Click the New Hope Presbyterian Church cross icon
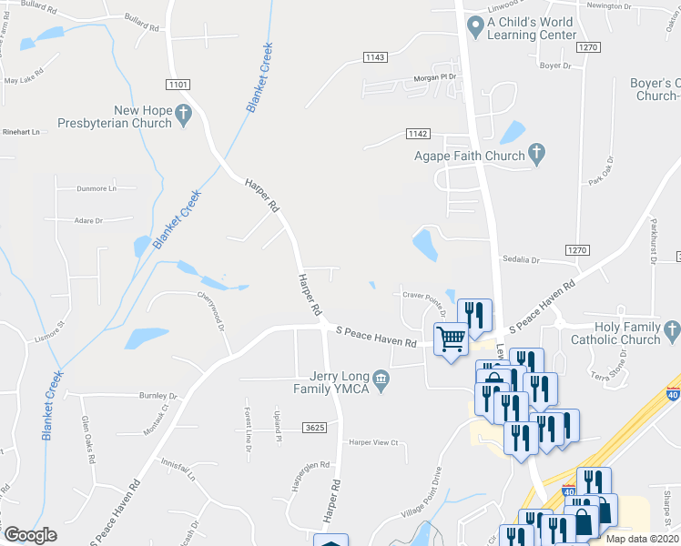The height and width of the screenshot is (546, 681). (183, 113)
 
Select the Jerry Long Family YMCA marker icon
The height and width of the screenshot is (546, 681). (383, 379)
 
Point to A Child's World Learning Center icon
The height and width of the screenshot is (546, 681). (474, 23)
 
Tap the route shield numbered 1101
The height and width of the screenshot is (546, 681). (178, 85)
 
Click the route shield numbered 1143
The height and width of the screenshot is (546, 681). (375, 57)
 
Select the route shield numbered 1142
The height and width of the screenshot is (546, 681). (417, 134)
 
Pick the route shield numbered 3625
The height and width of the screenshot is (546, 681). (315, 428)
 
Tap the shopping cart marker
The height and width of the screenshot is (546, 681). (451, 339)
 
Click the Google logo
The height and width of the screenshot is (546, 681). (30, 535)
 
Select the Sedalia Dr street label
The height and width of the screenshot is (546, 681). (518, 260)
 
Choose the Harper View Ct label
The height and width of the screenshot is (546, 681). (374, 442)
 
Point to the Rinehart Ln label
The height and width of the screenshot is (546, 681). (22, 132)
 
